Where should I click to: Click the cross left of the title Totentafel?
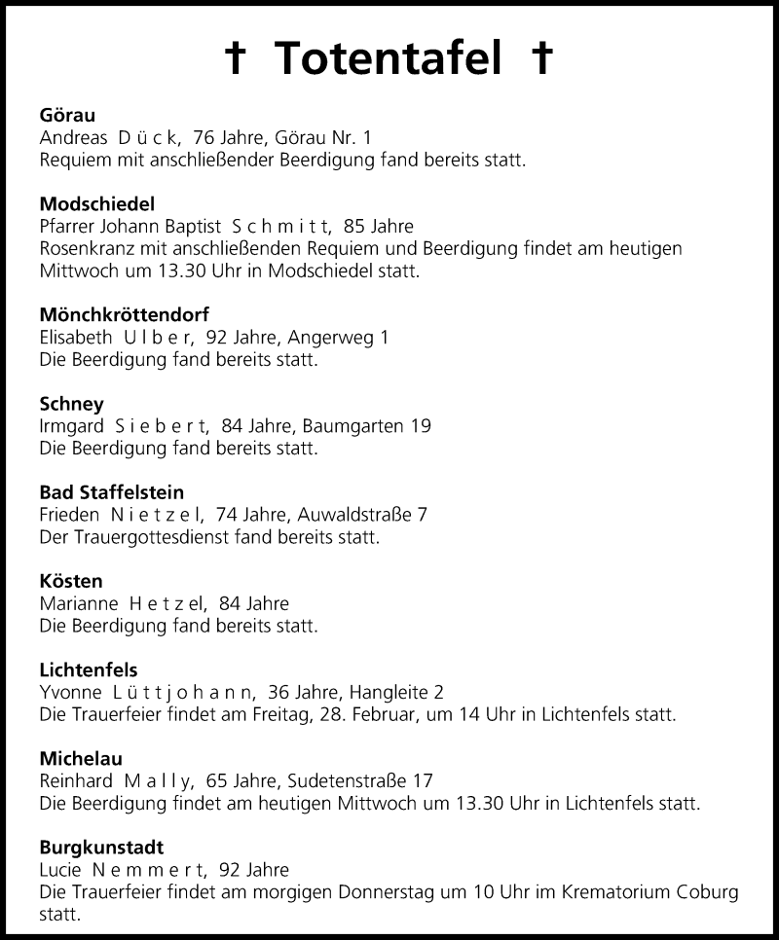point(235,59)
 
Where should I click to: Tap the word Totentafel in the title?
point(389,58)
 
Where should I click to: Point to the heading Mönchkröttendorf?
point(124,314)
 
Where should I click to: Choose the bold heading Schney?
point(71,403)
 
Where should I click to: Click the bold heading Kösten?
point(71,581)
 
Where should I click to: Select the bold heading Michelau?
point(81,758)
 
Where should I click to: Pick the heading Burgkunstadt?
point(102,847)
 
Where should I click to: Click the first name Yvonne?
point(69,693)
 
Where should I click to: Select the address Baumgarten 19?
point(366,426)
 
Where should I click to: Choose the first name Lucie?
point(61,870)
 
